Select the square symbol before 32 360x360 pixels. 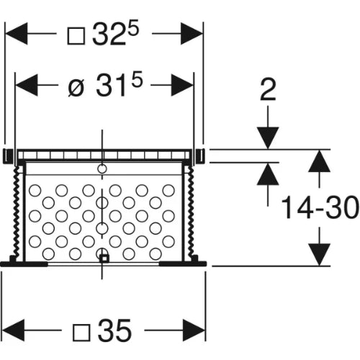(76, 36)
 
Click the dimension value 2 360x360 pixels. (268, 90)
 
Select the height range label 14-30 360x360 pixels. (320, 207)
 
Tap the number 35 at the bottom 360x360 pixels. (115, 330)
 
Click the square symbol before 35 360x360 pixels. (81, 333)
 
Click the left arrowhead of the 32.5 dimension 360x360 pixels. (16, 34)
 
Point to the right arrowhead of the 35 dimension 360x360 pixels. (194, 330)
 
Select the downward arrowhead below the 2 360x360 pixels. (268, 138)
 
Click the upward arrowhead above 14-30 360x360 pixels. (319, 161)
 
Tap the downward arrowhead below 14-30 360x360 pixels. (319, 254)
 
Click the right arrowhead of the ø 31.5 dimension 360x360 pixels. (182, 85)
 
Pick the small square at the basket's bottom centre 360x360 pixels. (104, 259)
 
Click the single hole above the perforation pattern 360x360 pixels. (102, 168)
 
